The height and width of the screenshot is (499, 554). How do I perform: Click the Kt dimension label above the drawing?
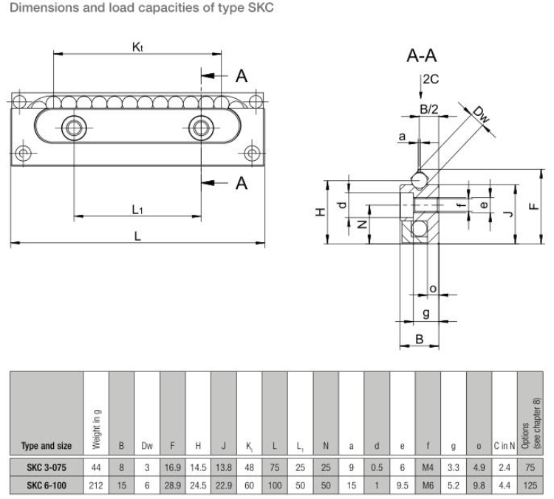coord(137,46)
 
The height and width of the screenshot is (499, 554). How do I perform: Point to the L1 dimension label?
coord(137,210)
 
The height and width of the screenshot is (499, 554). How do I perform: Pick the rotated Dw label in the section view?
coord(481,114)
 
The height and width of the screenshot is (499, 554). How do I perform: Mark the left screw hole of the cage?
coord(74,127)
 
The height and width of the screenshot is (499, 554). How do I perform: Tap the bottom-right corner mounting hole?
coord(253,154)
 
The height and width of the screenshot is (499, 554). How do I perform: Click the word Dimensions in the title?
coord(37,8)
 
